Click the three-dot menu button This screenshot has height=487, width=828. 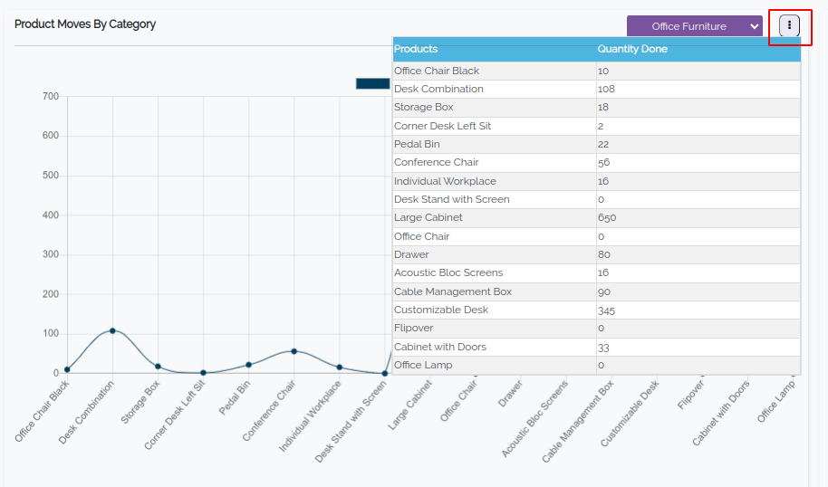789,26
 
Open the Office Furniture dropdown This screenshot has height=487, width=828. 695,27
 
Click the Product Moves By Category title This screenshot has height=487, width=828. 85,24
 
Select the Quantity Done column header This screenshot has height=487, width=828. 632,49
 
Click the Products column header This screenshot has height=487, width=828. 416,49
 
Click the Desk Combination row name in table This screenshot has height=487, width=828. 438,89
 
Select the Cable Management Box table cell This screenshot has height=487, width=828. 453,291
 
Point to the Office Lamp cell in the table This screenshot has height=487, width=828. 423,365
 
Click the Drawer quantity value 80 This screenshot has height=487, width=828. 603,254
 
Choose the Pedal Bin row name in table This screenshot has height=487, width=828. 417,144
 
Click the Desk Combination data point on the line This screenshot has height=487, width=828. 112,330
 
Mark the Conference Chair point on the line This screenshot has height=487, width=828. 294,351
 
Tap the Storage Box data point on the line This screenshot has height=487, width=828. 158,367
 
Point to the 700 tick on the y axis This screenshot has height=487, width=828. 51,97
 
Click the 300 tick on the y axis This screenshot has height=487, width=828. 51,254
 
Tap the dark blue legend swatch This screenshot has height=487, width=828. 372,83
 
